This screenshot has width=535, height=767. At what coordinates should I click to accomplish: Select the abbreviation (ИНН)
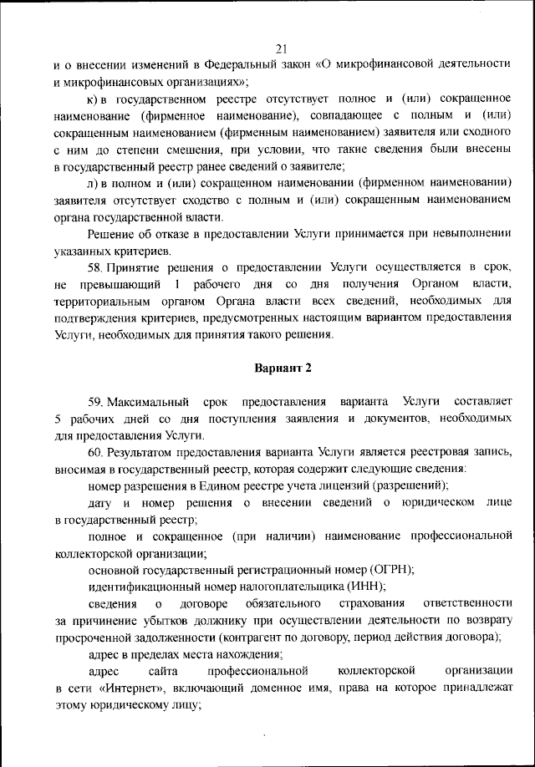pos(360,586)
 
